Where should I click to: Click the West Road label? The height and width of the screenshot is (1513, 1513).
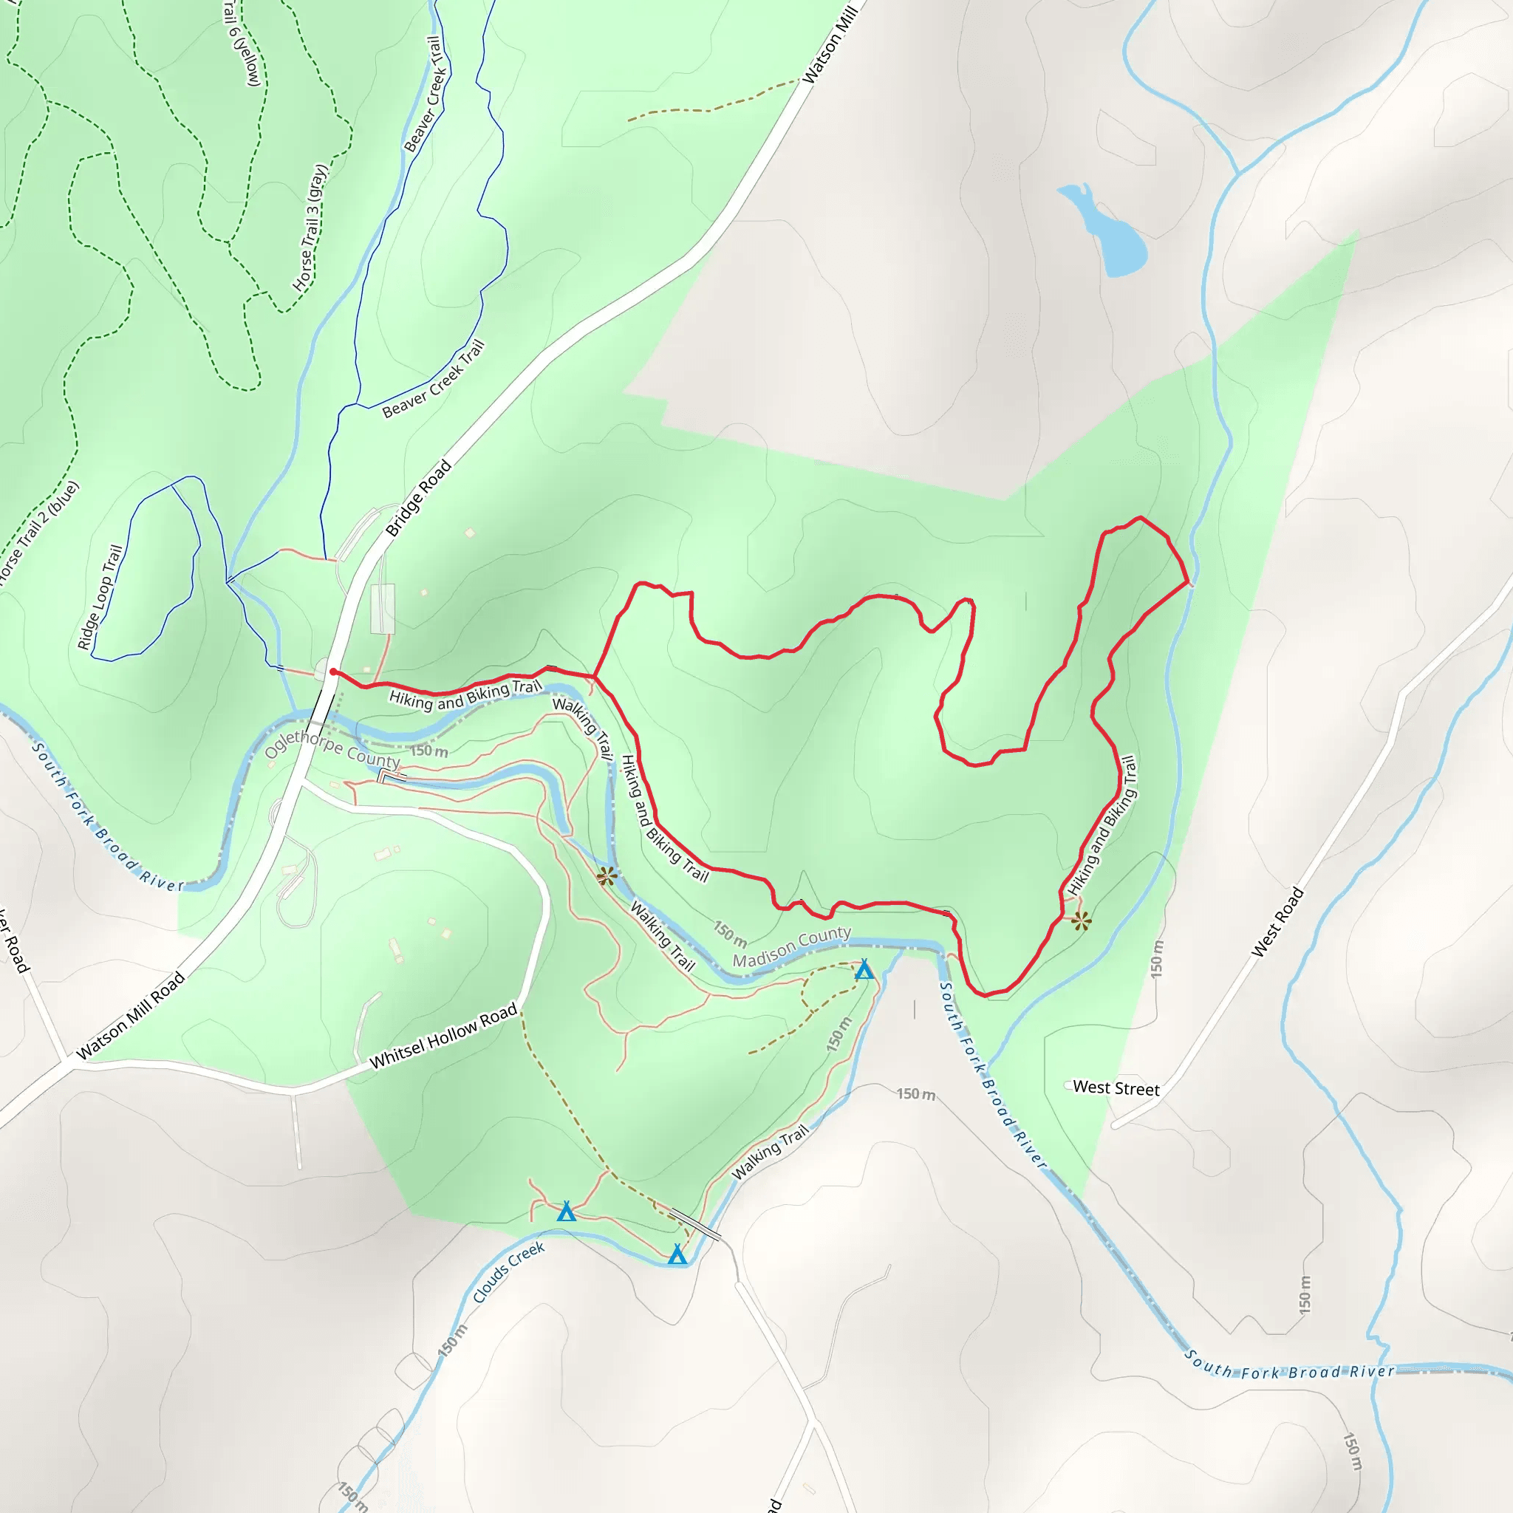click(1277, 922)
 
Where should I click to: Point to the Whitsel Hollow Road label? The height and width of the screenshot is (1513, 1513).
click(443, 1035)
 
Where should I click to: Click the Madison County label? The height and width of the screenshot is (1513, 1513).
click(791, 946)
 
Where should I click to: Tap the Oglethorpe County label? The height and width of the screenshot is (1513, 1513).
click(332, 748)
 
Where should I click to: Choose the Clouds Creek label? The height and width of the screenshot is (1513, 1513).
click(508, 1272)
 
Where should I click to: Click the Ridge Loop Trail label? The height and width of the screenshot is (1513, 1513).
click(100, 597)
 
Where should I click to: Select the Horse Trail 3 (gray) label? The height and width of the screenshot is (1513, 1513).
click(310, 227)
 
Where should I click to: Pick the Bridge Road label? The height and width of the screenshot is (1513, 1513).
click(418, 498)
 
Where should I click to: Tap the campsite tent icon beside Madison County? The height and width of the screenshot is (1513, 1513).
click(864, 970)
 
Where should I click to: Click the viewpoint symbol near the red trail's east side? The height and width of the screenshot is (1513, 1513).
click(1081, 921)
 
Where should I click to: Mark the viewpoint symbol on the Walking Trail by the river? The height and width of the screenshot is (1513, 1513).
click(606, 876)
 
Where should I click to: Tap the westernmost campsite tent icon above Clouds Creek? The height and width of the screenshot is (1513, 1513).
click(566, 1212)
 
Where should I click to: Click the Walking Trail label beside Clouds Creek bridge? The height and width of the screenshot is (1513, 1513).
click(769, 1152)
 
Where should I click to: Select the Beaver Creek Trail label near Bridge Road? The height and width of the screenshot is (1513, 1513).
click(433, 379)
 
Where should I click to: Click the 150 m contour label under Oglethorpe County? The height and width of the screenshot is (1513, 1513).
click(429, 751)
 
